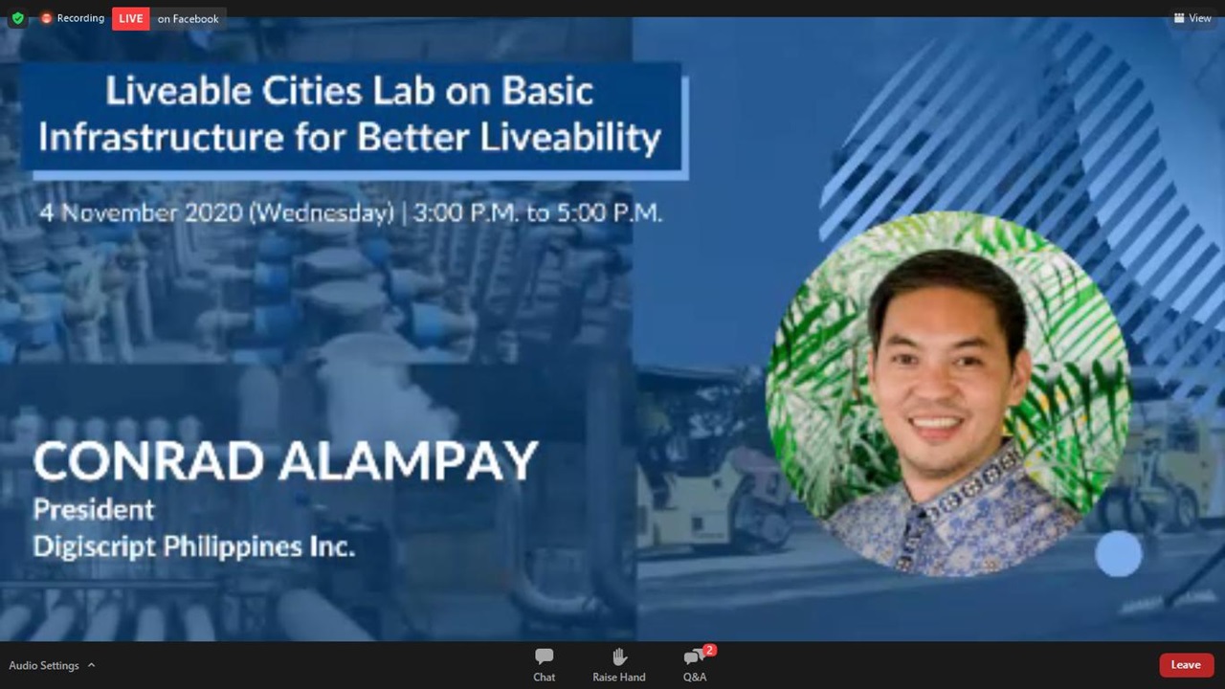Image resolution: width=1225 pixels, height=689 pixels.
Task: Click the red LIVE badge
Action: (x=131, y=18)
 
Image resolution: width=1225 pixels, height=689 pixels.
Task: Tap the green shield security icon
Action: (x=18, y=18)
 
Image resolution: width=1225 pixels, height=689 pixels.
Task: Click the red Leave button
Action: (x=1186, y=665)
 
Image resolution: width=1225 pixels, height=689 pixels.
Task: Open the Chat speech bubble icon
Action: (x=545, y=656)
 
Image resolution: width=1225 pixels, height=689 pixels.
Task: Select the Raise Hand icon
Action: (x=619, y=656)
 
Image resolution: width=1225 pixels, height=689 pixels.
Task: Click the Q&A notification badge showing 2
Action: (x=709, y=650)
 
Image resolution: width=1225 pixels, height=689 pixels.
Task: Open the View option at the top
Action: (x=1192, y=18)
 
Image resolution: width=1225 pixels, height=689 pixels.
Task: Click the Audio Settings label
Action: (x=44, y=665)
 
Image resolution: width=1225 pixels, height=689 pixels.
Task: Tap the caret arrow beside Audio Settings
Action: (x=91, y=665)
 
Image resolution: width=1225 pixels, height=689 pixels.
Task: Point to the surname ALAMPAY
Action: (x=409, y=461)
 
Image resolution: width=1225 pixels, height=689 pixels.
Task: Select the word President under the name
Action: (x=94, y=510)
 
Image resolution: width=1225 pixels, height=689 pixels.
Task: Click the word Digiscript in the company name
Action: (x=94, y=546)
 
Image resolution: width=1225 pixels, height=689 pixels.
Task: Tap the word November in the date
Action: (x=121, y=212)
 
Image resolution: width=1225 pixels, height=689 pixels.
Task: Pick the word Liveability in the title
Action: (x=570, y=137)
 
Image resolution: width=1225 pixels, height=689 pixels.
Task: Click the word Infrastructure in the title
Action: (x=162, y=137)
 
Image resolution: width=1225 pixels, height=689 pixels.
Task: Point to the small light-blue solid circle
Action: (x=1119, y=553)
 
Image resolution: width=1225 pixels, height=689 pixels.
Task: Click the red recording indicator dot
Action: (x=47, y=18)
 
